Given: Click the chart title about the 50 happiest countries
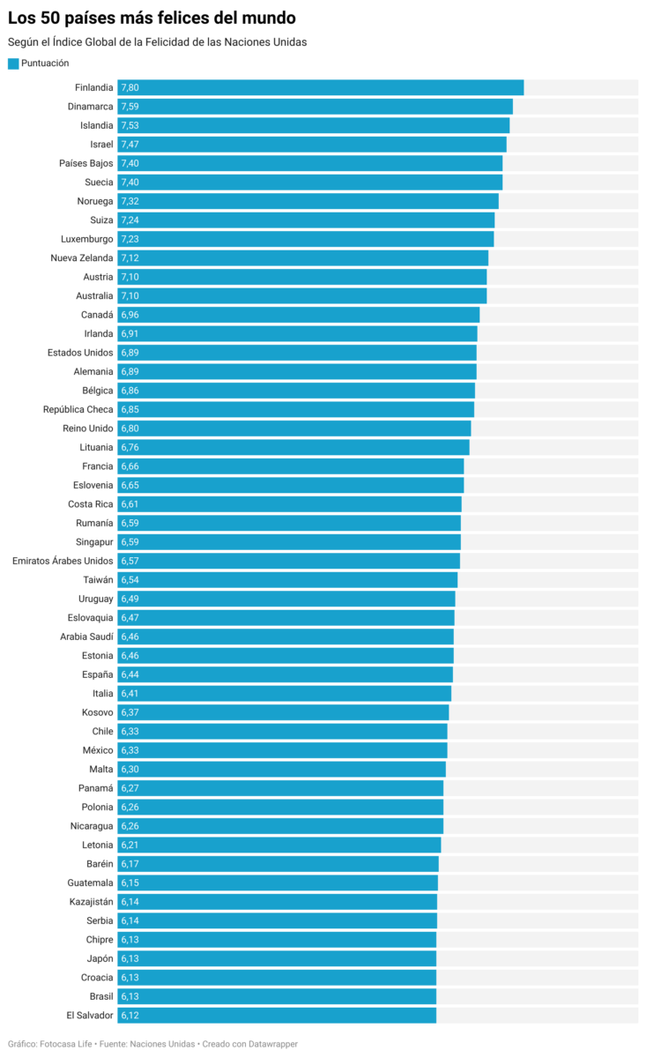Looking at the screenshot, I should pos(152,19).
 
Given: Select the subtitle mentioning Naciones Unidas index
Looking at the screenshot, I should pos(157,42).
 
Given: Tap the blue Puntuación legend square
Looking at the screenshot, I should pos(13,63).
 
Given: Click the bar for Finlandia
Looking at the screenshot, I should pos(320,87).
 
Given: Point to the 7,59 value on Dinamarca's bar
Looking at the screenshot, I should pos(130,107).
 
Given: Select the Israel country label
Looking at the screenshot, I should pos(101,145).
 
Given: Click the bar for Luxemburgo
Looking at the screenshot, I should pos(305,239).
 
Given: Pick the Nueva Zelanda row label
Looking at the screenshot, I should pos(82,258).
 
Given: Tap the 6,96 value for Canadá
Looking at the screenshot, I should pos(130,315).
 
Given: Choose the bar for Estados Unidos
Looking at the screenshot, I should pos(296,353).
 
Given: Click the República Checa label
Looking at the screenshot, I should pos(78,410).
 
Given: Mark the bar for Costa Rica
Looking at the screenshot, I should pos(289,504).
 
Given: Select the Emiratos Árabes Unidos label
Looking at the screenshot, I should pos(63,561).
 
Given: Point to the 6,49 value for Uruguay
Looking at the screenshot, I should pos(130,599).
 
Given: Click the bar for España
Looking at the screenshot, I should pos(285,674).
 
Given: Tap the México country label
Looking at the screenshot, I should pos(98,750).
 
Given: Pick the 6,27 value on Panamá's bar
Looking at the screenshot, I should pos(130,788).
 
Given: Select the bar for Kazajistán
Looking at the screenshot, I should pos(277,902).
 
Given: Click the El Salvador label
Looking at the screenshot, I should pos(90,1016).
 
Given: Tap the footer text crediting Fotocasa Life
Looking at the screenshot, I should pos(152,1044).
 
